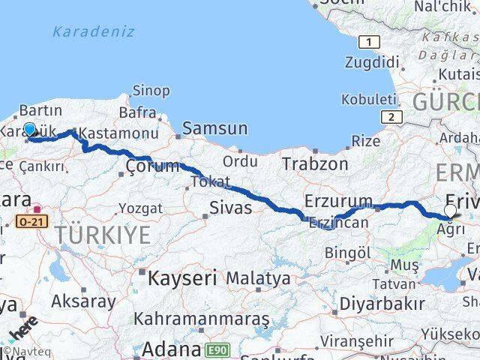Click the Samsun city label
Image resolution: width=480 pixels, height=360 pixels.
click(214, 128)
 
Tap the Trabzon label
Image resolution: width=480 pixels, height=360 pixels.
click(315, 163)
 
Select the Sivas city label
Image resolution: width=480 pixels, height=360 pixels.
click(229, 208)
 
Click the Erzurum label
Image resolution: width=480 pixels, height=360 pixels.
click(338, 201)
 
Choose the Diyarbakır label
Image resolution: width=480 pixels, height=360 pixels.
click(382, 304)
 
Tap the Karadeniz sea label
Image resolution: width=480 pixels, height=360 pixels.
click(94, 31)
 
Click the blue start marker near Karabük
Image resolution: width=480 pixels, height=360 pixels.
click(29, 130)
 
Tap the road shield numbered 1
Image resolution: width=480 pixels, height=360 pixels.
click(367, 42)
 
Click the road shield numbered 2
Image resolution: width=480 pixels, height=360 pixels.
click(390, 116)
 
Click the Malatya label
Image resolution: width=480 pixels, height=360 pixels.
click(258, 278)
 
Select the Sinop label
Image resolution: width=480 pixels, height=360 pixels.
click(151, 91)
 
